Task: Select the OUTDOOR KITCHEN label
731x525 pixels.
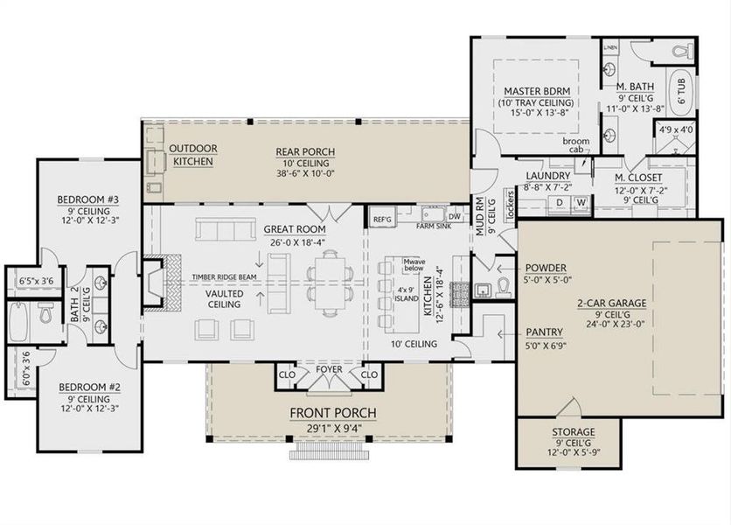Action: (x=193, y=155)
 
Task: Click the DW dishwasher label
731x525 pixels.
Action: (x=454, y=217)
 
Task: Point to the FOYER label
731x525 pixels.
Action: (x=329, y=369)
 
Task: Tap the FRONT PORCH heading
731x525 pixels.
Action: (x=333, y=413)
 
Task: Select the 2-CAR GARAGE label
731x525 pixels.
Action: (x=611, y=303)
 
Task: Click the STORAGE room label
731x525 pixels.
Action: (x=573, y=432)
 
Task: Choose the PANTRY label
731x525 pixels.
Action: (x=544, y=332)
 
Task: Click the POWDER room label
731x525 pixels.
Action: (x=547, y=269)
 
